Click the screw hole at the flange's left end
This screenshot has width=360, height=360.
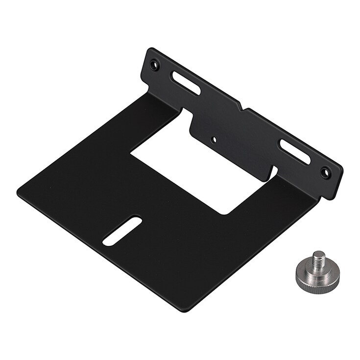pos(155,64)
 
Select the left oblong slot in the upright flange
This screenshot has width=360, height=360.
pos(186,83)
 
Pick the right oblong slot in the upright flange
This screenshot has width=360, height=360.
pos(294,151)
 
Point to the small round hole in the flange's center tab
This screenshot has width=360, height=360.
pos(214,139)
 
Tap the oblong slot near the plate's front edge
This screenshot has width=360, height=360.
pos(122,231)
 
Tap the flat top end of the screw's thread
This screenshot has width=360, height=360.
pos(319,253)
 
